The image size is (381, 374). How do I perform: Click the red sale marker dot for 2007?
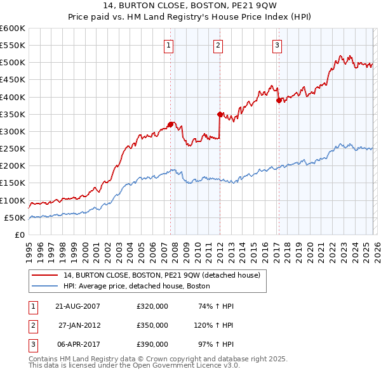pyautogui.click(x=170, y=124)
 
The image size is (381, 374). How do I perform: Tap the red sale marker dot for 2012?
pyautogui.click(x=220, y=115)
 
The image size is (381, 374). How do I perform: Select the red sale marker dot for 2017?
pyautogui.click(x=279, y=100)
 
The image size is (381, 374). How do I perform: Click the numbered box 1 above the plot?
pyautogui.click(x=169, y=44)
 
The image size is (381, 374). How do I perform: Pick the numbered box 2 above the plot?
pyautogui.click(x=218, y=44)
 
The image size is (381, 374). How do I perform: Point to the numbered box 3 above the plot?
pyautogui.click(x=277, y=44)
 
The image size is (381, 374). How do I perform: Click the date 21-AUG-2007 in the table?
pyautogui.click(x=77, y=306)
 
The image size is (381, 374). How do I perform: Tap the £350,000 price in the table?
pyautogui.click(x=152, y=325)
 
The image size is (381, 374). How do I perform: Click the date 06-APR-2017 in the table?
pyautogui.click(x=77, y=344)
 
